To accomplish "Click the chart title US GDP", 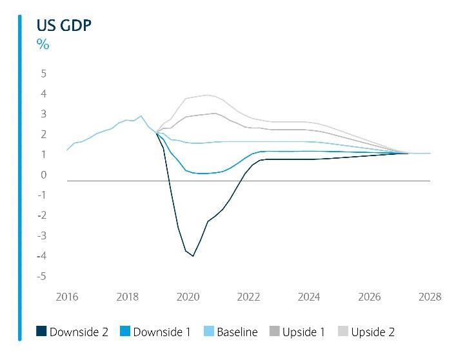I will (55, 25).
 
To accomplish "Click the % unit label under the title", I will (43, 44).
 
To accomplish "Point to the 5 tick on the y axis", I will (44, 74).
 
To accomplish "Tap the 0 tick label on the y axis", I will (44, 175).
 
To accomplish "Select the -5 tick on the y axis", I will (42, 276).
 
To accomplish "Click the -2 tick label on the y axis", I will (42, 215).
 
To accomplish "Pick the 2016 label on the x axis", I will (67, 297).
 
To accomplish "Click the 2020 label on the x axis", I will (188, 297).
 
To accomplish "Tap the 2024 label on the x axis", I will (309, 297).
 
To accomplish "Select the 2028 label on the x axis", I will (430, 297).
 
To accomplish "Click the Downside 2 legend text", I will (79, 332).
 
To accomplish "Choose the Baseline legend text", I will (237, 332).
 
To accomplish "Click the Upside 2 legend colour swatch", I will (342, 332).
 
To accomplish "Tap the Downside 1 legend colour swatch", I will (125, 332).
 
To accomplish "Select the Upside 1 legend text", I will (303, 332).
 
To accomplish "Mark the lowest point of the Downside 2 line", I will (193, 256).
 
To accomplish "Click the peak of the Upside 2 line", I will (207, 95).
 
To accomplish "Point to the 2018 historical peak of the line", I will (141, 116).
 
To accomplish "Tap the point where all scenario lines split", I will (157, 133).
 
